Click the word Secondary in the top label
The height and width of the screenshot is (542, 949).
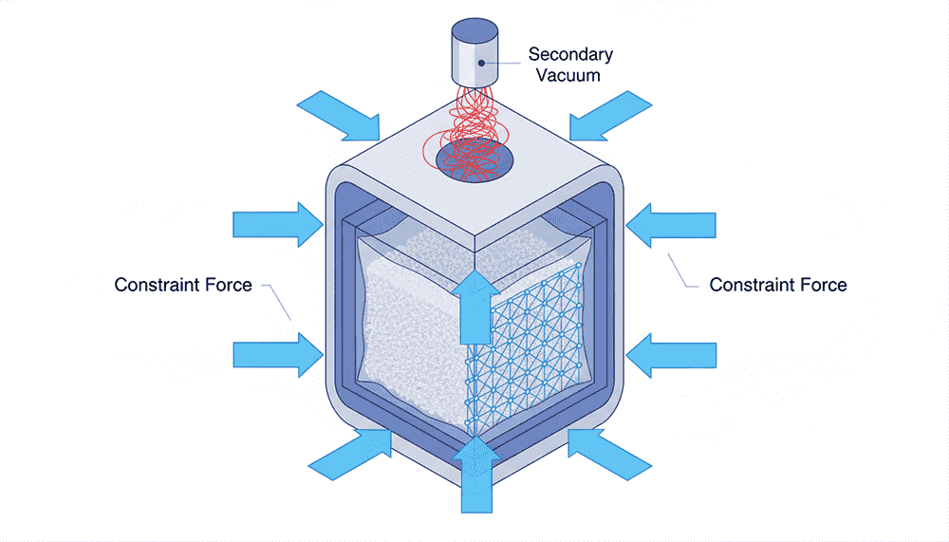[570, 54]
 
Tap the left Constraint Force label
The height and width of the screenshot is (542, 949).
[183, 285]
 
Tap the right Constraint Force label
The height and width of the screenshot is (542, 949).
[778, 285]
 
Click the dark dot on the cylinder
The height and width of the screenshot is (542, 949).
[481, 63]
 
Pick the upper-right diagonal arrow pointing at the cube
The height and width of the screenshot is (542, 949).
[612, 115]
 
